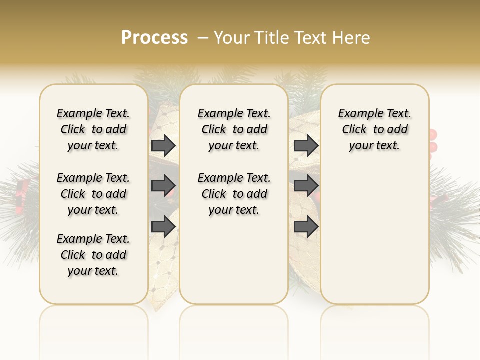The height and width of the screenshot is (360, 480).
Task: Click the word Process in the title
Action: tap(154, 38)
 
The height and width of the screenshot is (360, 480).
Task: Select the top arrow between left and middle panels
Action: tap(163, 146)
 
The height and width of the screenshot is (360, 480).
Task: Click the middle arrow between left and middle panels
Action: tap(163, 186)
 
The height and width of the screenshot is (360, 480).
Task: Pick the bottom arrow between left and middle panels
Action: tap(163, 227)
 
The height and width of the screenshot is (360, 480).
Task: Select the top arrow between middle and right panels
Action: tap(306, 146)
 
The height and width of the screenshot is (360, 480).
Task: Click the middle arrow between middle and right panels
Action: tap(306, 186)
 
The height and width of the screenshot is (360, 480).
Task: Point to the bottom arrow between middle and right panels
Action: tap(306, 227)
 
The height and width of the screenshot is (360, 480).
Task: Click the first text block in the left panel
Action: tap(93, 129)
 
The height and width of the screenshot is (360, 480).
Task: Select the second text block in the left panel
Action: tap(93, 194)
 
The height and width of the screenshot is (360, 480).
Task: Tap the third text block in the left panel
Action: tap(93, 255)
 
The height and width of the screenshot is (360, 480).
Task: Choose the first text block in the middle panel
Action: tap(234, 129)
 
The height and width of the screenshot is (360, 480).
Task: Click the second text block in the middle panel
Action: tap(234, 194)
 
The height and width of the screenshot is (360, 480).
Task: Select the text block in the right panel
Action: tap(375, 129)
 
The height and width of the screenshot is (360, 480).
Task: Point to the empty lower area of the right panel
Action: tap(375, 240)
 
